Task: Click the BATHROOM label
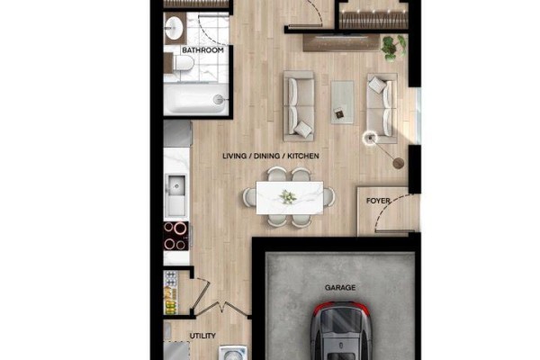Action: [202, 50]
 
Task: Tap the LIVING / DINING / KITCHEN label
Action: [271, 156]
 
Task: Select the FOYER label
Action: [378, 201]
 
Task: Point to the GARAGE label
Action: [340, 287]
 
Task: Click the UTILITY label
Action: [202, 336]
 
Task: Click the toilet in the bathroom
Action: [182, 64]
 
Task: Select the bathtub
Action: [195, 99]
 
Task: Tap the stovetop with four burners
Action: [176, 236]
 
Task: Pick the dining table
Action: [290, 197]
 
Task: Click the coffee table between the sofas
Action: [342, 102]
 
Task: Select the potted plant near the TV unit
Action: [393, 47]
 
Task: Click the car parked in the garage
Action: [341, 331]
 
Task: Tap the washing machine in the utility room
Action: [233, 353]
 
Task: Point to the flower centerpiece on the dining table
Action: [288, 197]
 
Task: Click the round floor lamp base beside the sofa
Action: [399, 163]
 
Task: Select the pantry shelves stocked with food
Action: [171, 292]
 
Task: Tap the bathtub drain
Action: [218, 100]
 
